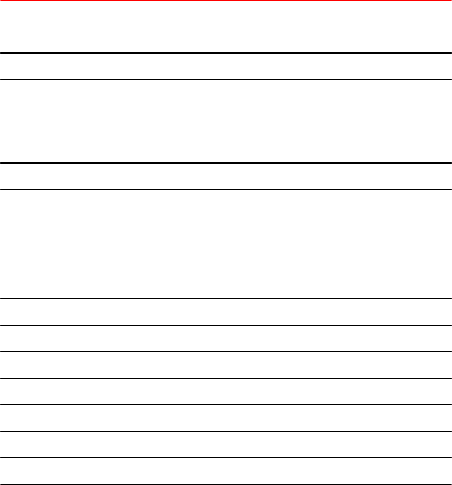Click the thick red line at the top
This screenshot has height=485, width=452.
point(226,1)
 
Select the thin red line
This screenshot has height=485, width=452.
point(226,27)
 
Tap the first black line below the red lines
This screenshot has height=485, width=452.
point(226,53)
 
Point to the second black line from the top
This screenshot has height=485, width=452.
point(226,80)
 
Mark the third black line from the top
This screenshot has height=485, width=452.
point(226,163)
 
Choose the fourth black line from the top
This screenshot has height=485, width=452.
point(226,189)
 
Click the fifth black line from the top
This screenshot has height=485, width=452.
point(226,299)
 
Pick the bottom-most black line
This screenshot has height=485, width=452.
point(226,484)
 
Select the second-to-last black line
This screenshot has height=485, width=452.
point(226,458)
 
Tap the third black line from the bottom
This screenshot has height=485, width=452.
point(226,431)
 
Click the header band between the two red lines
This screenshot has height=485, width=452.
point(226,14)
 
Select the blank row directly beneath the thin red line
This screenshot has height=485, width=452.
point(226,40)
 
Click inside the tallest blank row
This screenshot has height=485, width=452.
point(226,244)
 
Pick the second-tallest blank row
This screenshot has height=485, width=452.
point(226,122)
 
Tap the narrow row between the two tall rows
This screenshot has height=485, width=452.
point(226,176)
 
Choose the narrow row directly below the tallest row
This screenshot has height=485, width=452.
point(226,312)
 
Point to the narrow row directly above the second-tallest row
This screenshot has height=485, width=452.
point(226,66)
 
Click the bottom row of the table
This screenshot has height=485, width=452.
point(226,471)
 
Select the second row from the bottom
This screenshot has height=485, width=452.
point(226,445)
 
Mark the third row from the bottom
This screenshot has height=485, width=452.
point(226,418)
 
